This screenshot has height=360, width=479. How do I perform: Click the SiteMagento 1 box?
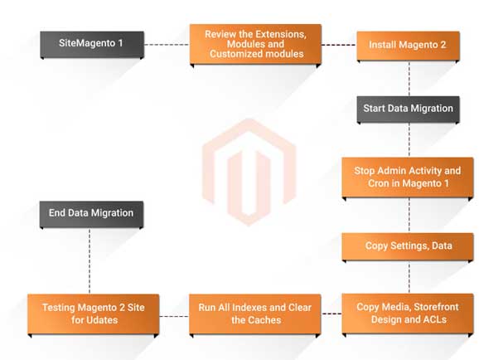click(x=92, y=45)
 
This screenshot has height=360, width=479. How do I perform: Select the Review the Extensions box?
click(x=255, y=45)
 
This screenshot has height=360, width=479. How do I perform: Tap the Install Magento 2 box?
click(x=408, y=46)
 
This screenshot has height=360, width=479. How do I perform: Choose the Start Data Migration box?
click(x=408, y=109)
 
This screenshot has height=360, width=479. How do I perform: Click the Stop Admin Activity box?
click(x=408, y=178)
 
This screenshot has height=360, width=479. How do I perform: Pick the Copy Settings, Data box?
click(x=408, y=247)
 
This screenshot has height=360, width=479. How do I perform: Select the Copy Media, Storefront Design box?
click(x=408, y=314)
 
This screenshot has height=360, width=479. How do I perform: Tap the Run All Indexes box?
click(x=254, y=314)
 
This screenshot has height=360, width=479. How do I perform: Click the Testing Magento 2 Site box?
click(x=94, y=314)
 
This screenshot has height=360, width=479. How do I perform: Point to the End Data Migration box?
click(x=91, y=214)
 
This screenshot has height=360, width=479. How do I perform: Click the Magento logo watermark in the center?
click(x=249, y=173)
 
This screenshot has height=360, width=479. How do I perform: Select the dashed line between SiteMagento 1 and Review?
click(x=167, y=45)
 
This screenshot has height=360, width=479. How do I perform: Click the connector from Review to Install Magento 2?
click(x=339, y=45)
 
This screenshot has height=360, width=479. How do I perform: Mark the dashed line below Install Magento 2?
click(x=409, y=79)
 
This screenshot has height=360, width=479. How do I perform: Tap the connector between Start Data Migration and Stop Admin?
click(x=409, y=141)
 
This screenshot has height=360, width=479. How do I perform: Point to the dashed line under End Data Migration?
click(x=90, y=261)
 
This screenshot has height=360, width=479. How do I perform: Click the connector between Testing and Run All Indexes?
click(x=174, y=316)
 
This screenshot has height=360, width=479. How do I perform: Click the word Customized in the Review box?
click(x=233, y=54)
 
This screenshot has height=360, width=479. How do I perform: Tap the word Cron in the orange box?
click(x=379, y=183)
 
